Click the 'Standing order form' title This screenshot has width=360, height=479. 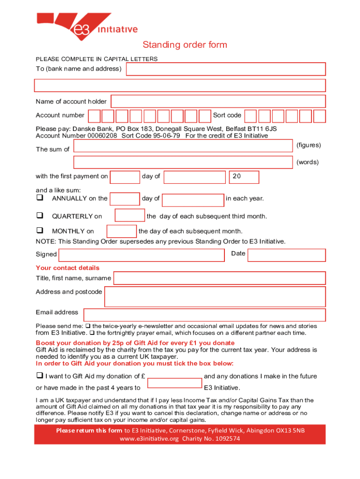tap(185, 45)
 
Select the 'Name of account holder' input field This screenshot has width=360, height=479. tap(218, 102)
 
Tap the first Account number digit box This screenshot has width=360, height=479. tap(94, 116)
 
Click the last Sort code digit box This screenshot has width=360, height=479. tap(319, 116)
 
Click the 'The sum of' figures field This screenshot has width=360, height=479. tap(183, 146)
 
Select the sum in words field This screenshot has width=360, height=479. tap(183, 162)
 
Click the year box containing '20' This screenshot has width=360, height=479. tap(243, 177)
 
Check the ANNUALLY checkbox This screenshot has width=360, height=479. tap(40, 198)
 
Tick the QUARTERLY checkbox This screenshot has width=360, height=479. tap(40, 216)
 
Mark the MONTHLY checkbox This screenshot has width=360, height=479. tap(40, 231)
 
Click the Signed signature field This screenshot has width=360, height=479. tap(141, 255)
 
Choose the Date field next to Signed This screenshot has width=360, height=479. tap(286, 255)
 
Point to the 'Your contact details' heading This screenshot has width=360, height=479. tap(68, 268)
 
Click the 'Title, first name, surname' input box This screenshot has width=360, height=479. tap(219, 278)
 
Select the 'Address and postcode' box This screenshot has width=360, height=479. tap(215, 297)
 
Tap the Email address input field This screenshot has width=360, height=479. tap(204, 315)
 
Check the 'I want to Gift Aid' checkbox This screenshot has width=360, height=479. tap(40, 376)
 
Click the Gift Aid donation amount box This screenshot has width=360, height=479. tap(174, 383)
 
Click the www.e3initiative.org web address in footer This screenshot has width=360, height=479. tap(149, 439)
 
